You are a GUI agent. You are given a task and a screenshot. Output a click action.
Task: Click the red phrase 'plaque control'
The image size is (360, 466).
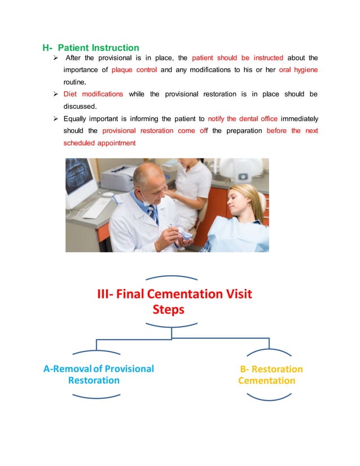[134, 70]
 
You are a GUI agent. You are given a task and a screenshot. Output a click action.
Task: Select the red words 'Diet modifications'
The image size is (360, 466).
[93, 94]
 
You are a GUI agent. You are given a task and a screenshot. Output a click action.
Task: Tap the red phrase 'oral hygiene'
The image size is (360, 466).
[298, 70]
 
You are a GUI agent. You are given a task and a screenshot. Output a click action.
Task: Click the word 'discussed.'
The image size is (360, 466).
[81, 106]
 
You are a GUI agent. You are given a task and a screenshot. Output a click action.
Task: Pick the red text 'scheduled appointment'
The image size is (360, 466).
[99, 143]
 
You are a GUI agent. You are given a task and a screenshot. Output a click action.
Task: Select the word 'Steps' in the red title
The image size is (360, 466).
[169, 310]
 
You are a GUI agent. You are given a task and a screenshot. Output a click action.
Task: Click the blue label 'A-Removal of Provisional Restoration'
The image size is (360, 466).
[98, 375]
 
